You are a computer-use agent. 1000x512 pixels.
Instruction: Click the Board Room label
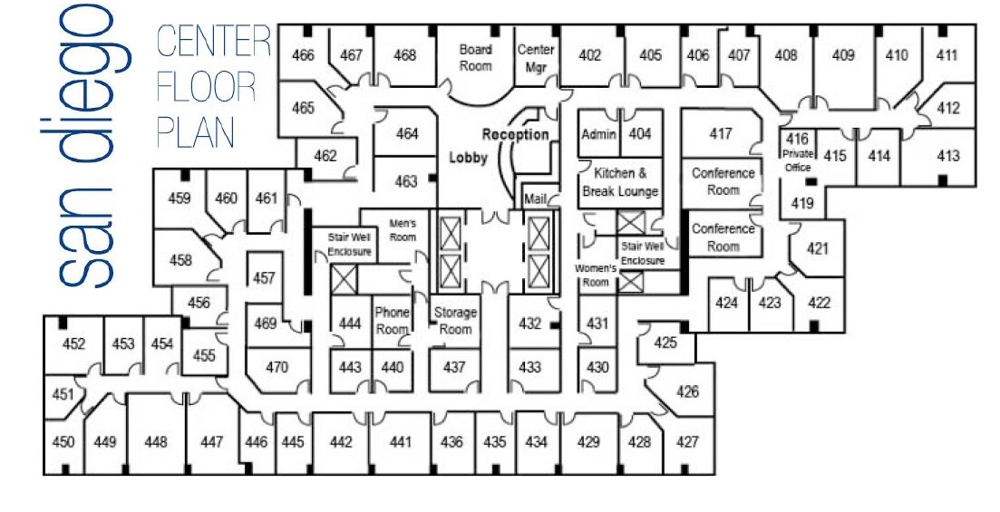tap(475, 58)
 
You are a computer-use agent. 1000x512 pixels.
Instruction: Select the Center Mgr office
tap(535, 58)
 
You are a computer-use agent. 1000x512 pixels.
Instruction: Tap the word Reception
tap(515, 135)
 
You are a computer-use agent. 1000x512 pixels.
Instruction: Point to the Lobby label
tap(469, 158)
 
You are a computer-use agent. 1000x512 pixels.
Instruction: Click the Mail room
tap(534, 198)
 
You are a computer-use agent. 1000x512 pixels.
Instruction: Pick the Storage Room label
tap(455, 321)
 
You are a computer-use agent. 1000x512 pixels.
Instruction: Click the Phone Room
tap(392, 321)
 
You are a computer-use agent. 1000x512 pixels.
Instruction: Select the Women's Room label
tap(596, 275)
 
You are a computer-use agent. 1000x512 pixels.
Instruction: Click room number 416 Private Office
tap(797, 151)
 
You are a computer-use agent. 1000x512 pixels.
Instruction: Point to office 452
tap(73, 343)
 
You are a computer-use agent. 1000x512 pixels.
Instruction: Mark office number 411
tap(947, 55)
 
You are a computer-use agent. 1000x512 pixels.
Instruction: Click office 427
tap(688, 442)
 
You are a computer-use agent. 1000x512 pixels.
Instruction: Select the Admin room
tap(598, 134)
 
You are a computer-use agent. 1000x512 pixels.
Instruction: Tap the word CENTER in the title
tap(214, 43)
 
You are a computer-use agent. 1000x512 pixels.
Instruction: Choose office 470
tap(277, 367)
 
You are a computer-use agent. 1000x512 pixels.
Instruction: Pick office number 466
tap(303, 56)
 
